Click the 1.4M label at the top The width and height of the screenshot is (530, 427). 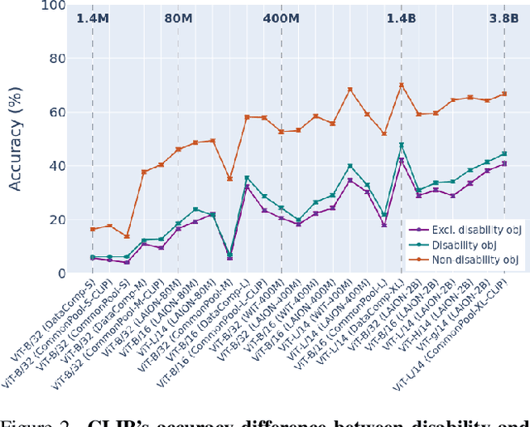pyautogui.click(x=93, y=17)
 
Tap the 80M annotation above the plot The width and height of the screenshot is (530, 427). pyautogui.click(x=179, y=17)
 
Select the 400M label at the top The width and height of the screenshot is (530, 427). pyautogui.click(x=282, y=17)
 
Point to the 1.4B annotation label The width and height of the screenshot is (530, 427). pyautogui.click(x=402, y=17)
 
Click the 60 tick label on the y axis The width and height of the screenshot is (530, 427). pyautogui.click(x=57, y=113)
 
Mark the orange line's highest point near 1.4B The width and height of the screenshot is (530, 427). pyautogui.click(x=402, y=85)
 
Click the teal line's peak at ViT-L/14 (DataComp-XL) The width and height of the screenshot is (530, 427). pyautogui.click(x=402, y=145)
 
